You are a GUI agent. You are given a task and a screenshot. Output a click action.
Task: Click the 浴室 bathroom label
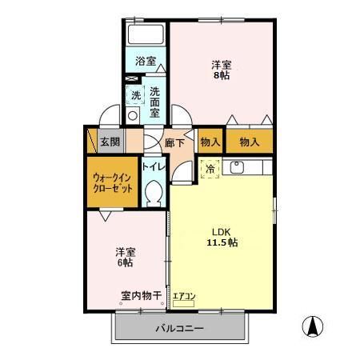(144, 61)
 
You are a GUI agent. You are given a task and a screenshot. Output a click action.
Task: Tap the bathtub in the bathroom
(146, 36)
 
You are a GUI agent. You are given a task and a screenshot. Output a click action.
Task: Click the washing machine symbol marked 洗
(135, 95)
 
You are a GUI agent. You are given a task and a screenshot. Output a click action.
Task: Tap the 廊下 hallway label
(175, 142)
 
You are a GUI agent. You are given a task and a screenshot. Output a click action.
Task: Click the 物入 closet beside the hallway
(210, 142)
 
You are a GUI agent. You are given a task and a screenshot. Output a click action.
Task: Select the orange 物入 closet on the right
(250, 142)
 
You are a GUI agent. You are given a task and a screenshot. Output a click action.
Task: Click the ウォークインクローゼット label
(112, 182)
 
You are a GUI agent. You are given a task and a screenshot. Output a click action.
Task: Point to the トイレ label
(153, 167)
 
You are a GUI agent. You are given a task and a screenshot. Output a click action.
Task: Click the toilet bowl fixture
(154, 192)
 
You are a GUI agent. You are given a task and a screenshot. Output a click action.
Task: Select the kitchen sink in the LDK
(237, 168)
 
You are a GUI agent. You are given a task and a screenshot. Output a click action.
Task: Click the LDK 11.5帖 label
(222, 237)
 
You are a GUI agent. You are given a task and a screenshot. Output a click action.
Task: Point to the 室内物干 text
(142, 295)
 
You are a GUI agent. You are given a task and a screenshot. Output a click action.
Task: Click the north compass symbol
(313, 326)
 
